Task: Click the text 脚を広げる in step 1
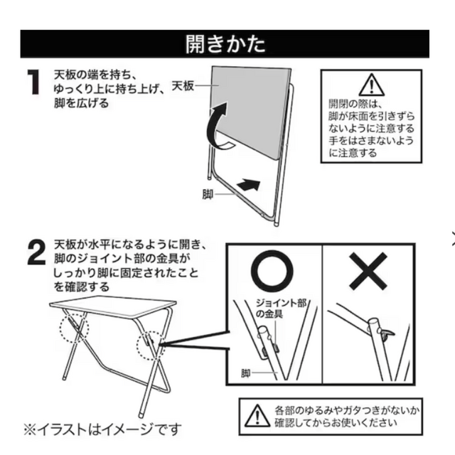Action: (81, 102)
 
